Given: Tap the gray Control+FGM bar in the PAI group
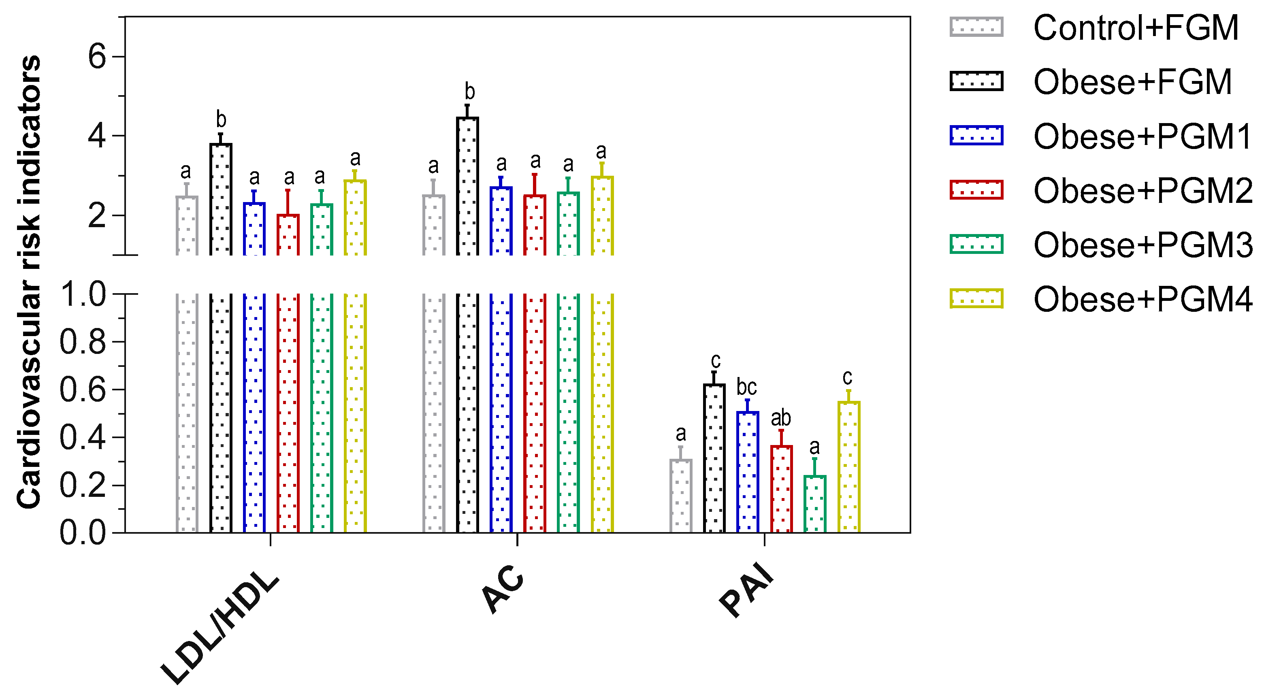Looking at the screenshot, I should [680, 496].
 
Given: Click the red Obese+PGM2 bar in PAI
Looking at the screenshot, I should [781, 489].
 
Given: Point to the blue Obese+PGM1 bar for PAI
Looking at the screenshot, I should [747, 472].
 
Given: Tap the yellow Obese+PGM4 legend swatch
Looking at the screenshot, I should [976, 298].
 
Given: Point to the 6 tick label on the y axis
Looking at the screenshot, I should [97, 56].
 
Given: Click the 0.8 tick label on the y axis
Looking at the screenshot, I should [83, 342].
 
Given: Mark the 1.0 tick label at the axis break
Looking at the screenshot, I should [83, 294].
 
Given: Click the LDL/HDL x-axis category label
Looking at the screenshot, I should [220, 628].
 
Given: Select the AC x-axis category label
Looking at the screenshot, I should [503, 588].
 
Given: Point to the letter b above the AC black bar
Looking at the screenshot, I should [469, 92].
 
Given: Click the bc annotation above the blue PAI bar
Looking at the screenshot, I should [746, 387].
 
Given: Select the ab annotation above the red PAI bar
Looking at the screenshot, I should [781, 418].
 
